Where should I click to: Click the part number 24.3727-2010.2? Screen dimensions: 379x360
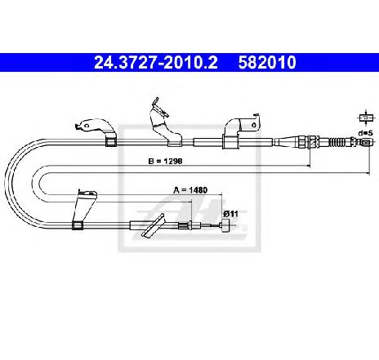(x=156, y=63)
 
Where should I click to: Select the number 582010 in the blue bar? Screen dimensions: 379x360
(x=267, y=63)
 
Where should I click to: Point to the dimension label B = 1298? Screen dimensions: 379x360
(x=165, y=161)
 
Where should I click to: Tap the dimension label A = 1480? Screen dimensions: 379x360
(x=190, y=190)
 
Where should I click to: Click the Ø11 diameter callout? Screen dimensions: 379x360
(x=230, y=214)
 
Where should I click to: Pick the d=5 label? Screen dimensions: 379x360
(x=365, y=133)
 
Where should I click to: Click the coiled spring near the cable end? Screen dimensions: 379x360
(x=339, y=142)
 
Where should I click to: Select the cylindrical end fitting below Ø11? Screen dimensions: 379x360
(x=226, y=225)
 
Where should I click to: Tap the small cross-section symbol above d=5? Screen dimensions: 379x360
(x=366, y=118)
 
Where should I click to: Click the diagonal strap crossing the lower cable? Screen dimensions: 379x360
(x=153, y=225)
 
